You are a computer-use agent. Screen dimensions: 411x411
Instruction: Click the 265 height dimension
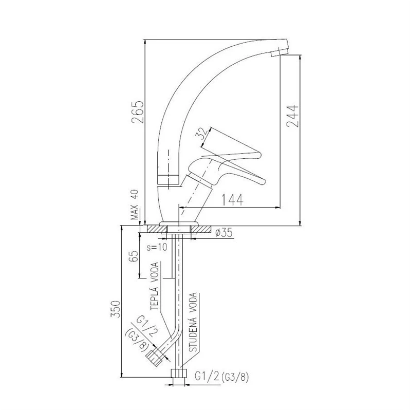(137, 111)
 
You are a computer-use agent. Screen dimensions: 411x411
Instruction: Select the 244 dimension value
(292, 116)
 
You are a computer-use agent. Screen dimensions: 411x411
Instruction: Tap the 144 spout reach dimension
(233, 200)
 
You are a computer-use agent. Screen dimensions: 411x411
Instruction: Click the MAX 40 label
(135, 204)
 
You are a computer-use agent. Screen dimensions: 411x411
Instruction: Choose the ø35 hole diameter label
(224, 233)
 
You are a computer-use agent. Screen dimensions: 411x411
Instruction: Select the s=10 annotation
(157, 247)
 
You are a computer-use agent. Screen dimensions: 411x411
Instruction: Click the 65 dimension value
(134, 256)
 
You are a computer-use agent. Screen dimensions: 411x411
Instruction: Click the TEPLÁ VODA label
(155, 286)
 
